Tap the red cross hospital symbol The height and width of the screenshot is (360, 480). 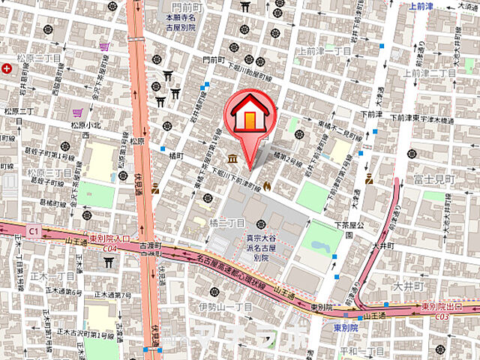pyautogui.click(x=7, y=68)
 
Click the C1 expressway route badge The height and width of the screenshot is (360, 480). pyautogui.click(x=33, y=231)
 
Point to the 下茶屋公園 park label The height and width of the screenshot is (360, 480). pyautogui.click(x=348, y=229)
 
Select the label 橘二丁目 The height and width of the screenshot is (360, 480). pyautogui.click(x=227, y=223)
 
